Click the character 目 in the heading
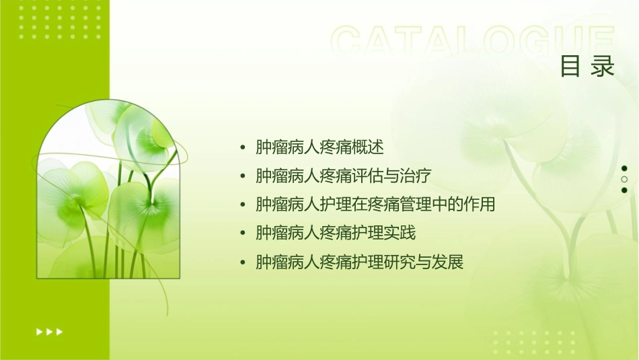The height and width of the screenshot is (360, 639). coord(570,66)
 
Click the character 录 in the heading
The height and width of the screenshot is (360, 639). coord(603,66)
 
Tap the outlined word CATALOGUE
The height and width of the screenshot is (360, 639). coord(473,42)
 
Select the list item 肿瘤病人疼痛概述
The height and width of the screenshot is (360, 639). coord(319,147)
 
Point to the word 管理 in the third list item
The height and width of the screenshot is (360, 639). coord(400,205)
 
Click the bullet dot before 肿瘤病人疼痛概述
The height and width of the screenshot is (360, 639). coord(243,148)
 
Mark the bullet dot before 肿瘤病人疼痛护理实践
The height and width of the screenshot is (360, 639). coord(243,234)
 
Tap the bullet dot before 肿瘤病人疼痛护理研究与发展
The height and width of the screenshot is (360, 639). coord(243,262)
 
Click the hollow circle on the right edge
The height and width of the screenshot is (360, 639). coord(624,179)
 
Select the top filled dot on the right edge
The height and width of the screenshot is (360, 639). coord(624,168)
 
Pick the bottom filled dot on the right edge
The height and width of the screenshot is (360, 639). coord(624,190)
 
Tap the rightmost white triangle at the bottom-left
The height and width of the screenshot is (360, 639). coord(60,332)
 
